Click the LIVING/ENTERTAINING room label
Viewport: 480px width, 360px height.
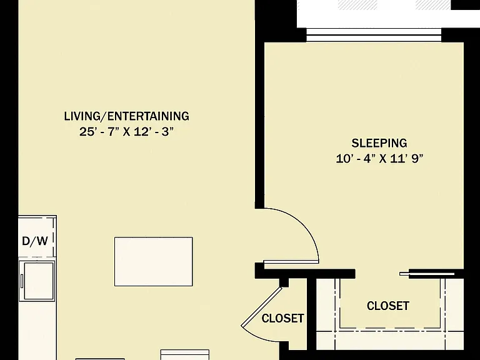click(x=126, y=116)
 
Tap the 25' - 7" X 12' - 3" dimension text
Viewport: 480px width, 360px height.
click(x=126, y=132)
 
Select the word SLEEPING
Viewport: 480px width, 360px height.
click(x=379, y=143)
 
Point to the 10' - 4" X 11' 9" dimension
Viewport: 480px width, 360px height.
click(x=379, y=159)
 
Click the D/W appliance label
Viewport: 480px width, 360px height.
click(x=35, y=241)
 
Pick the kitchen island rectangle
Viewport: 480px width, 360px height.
click(x=154, y=261)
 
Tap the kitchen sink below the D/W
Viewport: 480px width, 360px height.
click(x=37, y=281)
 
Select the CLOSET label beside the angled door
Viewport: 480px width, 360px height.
click(x=283, y=318)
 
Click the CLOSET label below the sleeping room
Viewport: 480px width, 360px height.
click(x=388, y=306)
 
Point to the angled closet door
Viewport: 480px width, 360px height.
click(x=261, y=306)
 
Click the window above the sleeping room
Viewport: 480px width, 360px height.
click(x=374, y=34)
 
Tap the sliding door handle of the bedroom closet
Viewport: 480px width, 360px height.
click(x=404, y=274)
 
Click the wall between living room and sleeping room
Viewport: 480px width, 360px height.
click(x=259, y=122)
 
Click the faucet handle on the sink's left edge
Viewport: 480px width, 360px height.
click(x=22, y=281)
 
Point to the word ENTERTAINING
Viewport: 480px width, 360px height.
click(x=149, y=116)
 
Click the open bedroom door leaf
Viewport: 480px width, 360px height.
click(x=291, y=262)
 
